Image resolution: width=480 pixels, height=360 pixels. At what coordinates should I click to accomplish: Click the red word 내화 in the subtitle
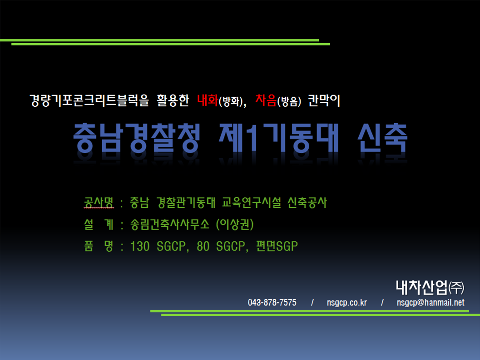pyautogui.click(x=208, y=100)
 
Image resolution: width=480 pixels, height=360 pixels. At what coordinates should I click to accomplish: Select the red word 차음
pyautogui.click(x=266, y=100)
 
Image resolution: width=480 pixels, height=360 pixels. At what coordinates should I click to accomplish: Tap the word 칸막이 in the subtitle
pyautogui.click(x=324, y=100)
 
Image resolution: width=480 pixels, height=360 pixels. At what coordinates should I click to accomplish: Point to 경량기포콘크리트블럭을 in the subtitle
pyautogui.click(x=89, y=100)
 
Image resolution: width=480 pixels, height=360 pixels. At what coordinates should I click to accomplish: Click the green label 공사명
pyautogui.click(x=99, y=202)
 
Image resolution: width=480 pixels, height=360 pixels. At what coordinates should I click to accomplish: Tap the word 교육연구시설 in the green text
pyautogui.click(x=251, y=202)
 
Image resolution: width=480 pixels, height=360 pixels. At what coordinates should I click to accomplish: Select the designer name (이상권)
pyautogui.click(x=235, y=224)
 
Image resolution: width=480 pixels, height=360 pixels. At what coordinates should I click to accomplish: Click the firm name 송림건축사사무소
pyautogui.click(x=170, y=224)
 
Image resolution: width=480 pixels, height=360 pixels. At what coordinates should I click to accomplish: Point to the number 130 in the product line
pyautogui.click(x=140, y=246)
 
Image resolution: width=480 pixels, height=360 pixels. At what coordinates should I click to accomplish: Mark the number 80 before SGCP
pyautogui.click(x=203, y=246)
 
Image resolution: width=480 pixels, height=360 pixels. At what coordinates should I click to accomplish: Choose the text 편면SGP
pyautogui.click(x=277, y=246)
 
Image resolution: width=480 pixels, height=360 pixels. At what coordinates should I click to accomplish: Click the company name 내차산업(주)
pyautogui.click(x=430, y=287)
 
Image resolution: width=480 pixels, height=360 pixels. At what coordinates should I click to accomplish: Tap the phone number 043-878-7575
pyautogui.click(x=272, y=303)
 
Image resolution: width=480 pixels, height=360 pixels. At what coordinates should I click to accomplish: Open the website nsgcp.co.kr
pyautogui.click(x=347, y=303)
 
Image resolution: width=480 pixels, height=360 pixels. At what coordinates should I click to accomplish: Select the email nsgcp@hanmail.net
pyautogui.click(x=431, y=303)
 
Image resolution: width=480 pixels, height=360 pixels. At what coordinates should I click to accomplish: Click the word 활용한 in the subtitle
pyautogui.click(x=173, y=100)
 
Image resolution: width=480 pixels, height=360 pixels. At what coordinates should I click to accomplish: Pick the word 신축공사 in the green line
pyautogui.click(x=307, y=202)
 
